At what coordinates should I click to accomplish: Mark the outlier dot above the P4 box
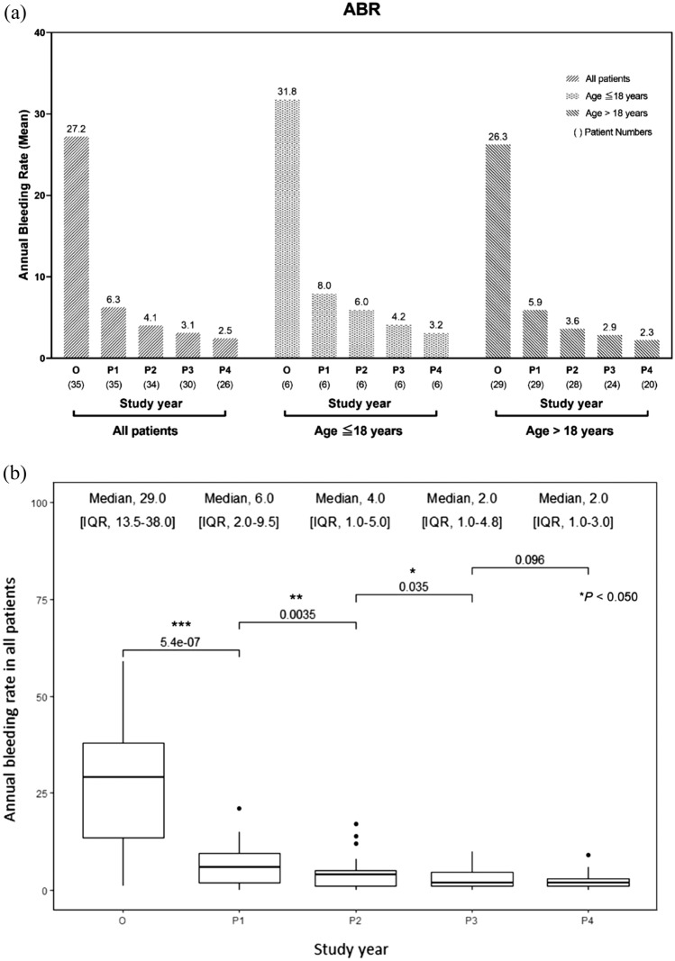click(x=588, y=855)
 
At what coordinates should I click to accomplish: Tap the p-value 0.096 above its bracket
click(x=530, y=558)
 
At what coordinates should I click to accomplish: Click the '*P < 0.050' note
click(x=609, y=596)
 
